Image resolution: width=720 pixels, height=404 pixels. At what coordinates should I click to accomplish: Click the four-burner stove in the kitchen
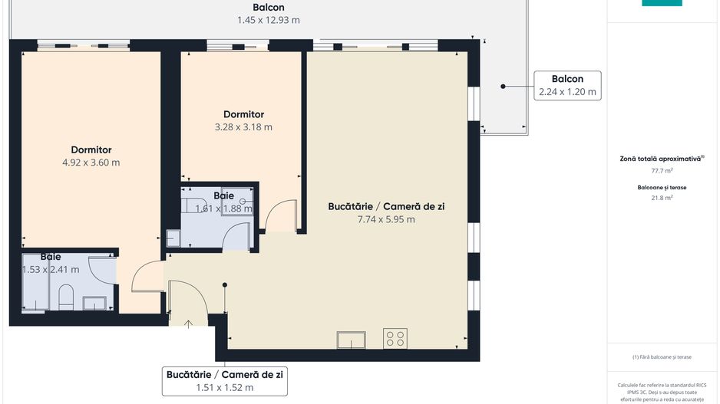pos(395,339)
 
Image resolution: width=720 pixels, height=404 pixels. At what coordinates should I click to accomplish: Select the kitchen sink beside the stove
pos(353,340)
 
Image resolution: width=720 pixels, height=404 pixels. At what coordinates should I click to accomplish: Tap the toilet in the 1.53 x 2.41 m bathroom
pos(66,297)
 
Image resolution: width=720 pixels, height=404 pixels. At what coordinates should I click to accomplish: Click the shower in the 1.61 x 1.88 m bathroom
pos(236,202)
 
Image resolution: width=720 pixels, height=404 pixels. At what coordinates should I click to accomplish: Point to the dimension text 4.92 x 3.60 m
pos(91,162)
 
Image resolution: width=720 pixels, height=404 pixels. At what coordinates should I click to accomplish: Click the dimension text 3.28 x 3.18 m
pos(243,127)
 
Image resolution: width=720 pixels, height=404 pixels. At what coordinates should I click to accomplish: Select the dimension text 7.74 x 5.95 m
pos(386,219)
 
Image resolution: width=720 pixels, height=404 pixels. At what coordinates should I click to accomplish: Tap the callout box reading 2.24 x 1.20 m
pos(567,91)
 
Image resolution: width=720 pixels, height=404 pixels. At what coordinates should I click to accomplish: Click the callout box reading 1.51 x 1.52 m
pos(224,387)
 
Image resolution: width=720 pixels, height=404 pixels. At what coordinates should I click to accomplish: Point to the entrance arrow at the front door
pos(189,324)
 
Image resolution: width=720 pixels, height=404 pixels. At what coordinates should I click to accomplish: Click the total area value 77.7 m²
pos(662,171)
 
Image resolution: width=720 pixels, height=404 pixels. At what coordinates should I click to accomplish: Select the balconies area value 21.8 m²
pos(662,198)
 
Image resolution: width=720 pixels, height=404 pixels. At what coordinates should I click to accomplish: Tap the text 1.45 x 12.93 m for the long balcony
pos(268,20)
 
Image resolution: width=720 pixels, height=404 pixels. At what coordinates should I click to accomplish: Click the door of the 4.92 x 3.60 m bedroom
pos(147,278)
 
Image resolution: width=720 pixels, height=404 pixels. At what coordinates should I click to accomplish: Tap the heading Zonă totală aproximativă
pos(660,159)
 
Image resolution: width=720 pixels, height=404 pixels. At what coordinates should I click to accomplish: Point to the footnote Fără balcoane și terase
pos(662,357)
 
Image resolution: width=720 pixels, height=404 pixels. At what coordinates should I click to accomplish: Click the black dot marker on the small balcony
pos(504,87)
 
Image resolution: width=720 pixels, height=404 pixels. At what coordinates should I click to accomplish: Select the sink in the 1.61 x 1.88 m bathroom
pos(173,238)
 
